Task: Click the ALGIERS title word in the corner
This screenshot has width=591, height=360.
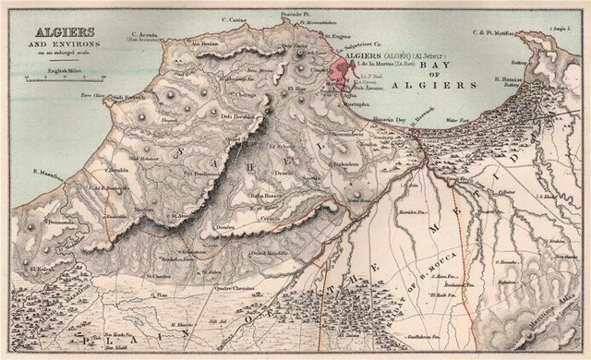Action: point(41,27)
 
